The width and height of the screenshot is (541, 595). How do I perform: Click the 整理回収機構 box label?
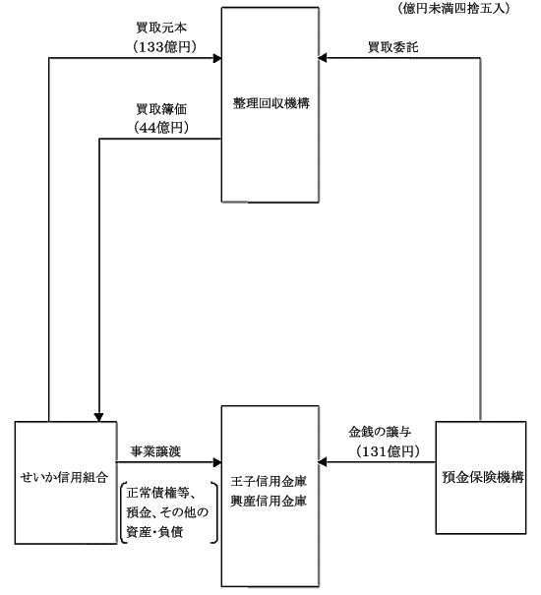coord(271,103)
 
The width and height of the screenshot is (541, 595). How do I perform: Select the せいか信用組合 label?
coord(65,477)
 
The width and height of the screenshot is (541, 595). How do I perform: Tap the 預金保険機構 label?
coord(483,477)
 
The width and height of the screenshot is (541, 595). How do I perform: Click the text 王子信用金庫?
coord(269,482)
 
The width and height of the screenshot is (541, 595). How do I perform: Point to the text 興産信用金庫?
coord(269,502)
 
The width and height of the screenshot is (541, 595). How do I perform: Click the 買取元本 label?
coord(161,28)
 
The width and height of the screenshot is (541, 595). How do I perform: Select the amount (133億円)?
coord(164,47)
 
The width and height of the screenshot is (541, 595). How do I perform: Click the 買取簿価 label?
coord(161,109)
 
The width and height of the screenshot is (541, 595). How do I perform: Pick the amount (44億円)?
coord(161,128)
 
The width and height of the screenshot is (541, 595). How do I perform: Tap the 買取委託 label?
coord(392,47)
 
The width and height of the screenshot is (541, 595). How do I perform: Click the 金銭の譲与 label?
coord(380,432)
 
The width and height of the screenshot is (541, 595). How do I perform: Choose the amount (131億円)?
coord(388,451)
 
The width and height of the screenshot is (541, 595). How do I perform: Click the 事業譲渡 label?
coord(155,451)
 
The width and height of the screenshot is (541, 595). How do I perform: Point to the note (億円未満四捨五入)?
coord(453,8)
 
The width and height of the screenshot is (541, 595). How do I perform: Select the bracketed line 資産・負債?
coord(154,532)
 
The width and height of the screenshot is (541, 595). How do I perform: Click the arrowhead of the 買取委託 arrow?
coord(322,58)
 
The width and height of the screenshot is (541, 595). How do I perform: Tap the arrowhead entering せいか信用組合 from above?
coord(98,417)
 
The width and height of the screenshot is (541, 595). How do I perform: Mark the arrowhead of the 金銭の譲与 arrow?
coord(322,462)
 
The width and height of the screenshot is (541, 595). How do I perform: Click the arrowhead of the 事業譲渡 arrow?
coord(217,462)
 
